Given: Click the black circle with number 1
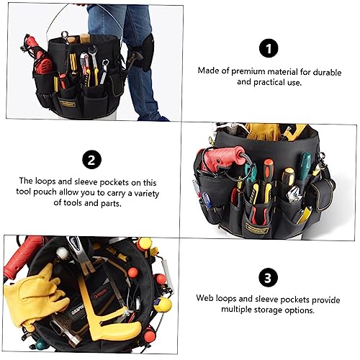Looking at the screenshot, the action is coord(269,48).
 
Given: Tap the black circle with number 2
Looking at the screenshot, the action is coord(91,160).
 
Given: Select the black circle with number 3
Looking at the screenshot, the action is coord(268,278).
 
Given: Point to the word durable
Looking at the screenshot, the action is coord(327,72).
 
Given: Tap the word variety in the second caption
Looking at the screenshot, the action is coord(147,194).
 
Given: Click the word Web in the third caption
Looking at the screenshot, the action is coord(204,298).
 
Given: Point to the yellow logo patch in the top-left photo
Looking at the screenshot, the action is coord(68,104).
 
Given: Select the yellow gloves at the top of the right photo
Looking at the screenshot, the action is coord(264,132).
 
